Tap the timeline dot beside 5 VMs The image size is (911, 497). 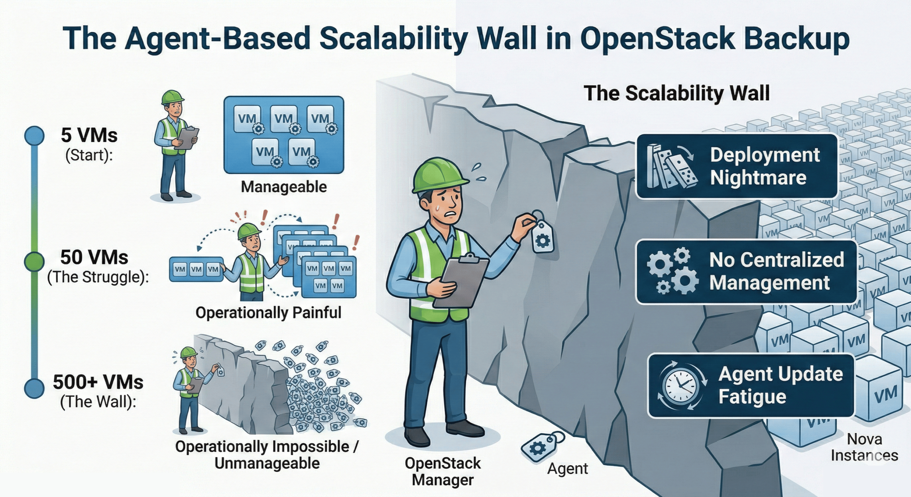pos(34,136)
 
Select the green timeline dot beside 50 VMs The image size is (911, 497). pos(34,262)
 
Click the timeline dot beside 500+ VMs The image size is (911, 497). pos(34,388)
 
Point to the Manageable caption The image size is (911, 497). pos(284,187)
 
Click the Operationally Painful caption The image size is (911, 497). pos(268,313)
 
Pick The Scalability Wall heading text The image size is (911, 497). pos(676,93)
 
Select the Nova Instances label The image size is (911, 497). pos(864,447)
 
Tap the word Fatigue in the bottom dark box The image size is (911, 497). pos(752,396)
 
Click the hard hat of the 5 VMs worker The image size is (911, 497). pos(173,97)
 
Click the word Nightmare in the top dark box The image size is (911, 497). pos(758,177)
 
